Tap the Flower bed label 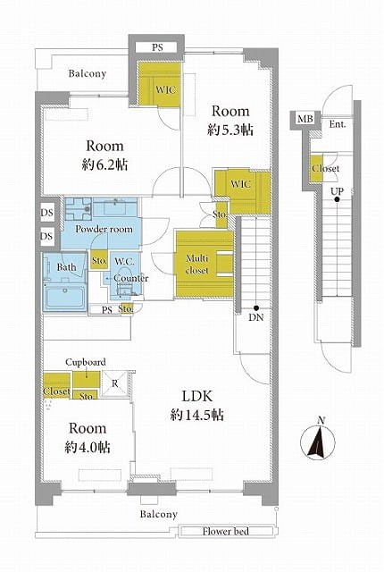pyautogui.click(x=226, y=531)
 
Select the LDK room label pyautogui.click(x=196, y=396)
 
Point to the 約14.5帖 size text pyautogui.click(x=196, y=415)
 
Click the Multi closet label pyautogui.click(x=196, y=265)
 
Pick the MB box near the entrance pyautogui.click(x=305, y=119)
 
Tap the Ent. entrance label pyautogui.click(x=338, y=124)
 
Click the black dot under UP pyautogui.click(x=337, y=199)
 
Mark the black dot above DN pyautogui.click(x=256, y=307)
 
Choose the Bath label pyautogui.click(x=67, y=267)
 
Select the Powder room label pyautogui.click(x=104, y=229)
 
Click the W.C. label pyautogui.click(x=124, y=261)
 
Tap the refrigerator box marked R pyautogui.click(x=115, y=383)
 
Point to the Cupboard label pyautogui.click(x=86, y=362)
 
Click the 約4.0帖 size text pyautogui.click(x=88, y=447)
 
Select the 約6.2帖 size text pyautogui.click(x=104, y=165)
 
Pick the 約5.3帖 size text pyautogui.click(x=230, y=130)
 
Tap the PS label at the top pyautogui.click(x=157, y=47)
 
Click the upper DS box pyautogui.click(x=47, y=213)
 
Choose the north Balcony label pyautogui.click(x=88, y=73)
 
